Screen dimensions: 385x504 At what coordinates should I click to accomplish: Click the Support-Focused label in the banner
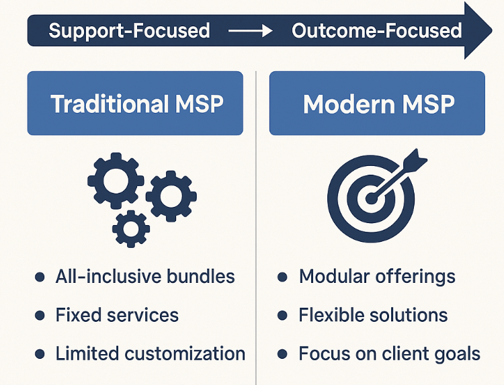129,31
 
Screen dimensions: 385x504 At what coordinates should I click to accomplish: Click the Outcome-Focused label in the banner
376,31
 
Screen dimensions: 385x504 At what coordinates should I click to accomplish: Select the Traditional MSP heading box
135,103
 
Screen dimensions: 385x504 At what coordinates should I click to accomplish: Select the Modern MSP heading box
377,103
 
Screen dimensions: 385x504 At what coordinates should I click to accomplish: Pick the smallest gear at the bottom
131,228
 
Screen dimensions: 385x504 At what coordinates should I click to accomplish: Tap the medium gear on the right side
171,196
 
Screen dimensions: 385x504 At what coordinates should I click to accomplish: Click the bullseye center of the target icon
369,199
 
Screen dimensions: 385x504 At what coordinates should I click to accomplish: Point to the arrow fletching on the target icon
415,162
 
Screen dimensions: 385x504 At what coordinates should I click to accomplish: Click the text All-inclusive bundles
145,276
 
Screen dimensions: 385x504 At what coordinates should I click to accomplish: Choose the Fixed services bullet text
117,315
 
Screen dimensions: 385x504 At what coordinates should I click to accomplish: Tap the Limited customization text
150,353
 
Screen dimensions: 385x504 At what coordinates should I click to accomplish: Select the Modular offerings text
377,276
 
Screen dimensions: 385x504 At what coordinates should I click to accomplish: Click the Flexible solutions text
373,315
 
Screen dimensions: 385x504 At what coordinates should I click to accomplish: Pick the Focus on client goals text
389,353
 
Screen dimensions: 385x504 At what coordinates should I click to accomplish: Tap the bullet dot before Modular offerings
283,277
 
